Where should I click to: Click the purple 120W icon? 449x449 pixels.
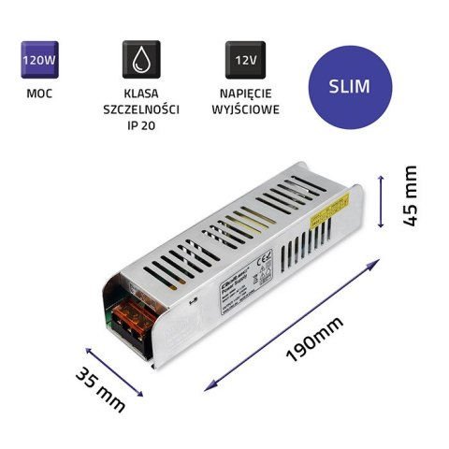35,61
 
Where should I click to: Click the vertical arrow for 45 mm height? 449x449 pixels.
382,199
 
